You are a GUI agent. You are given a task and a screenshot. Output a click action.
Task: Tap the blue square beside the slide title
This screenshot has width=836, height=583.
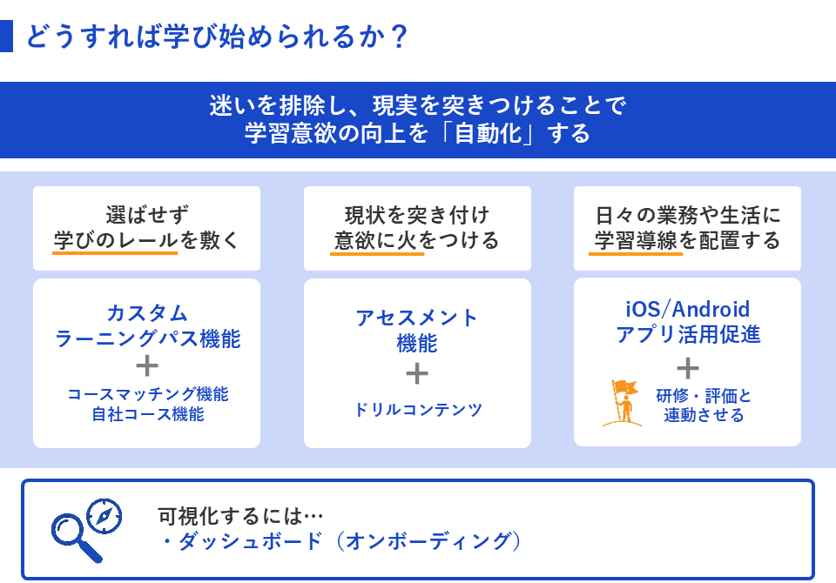6,37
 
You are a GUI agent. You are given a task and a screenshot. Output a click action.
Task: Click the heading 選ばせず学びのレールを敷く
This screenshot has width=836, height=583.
146,227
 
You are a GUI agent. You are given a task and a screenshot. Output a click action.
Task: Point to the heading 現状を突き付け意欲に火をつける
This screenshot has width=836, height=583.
417,227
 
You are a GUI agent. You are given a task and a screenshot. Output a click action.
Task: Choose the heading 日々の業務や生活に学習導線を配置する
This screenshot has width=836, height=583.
687,227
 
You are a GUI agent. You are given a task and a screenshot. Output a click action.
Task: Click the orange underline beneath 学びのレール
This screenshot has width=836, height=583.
116,253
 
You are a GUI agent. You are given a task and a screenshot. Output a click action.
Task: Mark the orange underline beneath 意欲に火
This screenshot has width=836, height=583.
377,253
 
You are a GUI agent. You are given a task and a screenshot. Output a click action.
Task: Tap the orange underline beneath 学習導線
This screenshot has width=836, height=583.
636,253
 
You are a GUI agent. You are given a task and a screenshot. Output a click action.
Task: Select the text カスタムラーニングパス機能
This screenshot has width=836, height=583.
147,326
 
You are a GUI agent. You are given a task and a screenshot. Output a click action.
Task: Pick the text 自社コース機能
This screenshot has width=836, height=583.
147,415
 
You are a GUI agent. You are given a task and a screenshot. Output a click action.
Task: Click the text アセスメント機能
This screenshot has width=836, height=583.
417,330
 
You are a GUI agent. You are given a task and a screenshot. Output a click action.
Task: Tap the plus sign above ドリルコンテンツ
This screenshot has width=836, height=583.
417,373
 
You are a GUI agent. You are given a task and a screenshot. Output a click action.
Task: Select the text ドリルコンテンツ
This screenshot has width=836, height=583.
417,410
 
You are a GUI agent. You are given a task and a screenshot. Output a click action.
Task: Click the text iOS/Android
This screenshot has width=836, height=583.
687,310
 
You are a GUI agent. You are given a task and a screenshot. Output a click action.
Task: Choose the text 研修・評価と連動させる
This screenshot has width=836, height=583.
704,405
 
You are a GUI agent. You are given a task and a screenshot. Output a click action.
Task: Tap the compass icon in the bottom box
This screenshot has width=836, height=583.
104,516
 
